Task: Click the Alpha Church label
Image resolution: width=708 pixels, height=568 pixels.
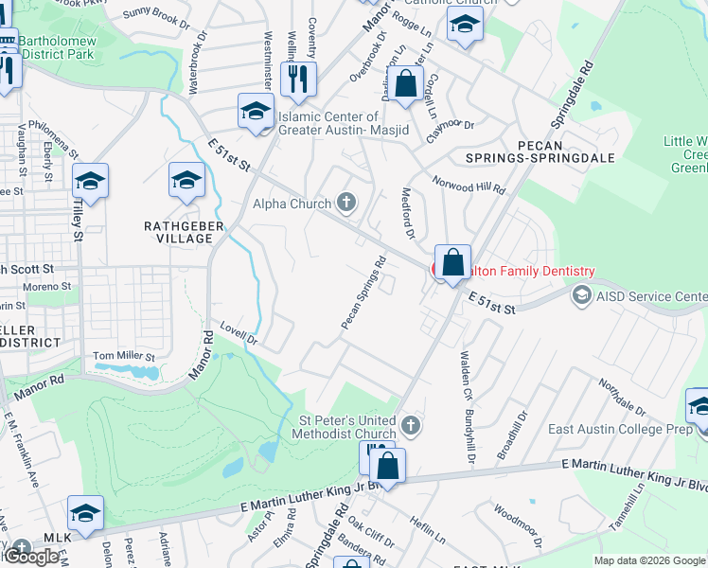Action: [292, 203]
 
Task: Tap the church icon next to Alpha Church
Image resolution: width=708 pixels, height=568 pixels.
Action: [347, 202]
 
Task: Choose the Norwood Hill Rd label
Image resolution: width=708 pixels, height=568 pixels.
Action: [469, 185]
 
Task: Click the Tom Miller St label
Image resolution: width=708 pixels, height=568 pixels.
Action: [123, 357]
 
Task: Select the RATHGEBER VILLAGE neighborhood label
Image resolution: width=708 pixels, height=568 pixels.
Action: [178, 232]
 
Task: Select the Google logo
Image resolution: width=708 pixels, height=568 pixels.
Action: [32, 557]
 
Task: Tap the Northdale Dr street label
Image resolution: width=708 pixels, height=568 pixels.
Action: [621, 398]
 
